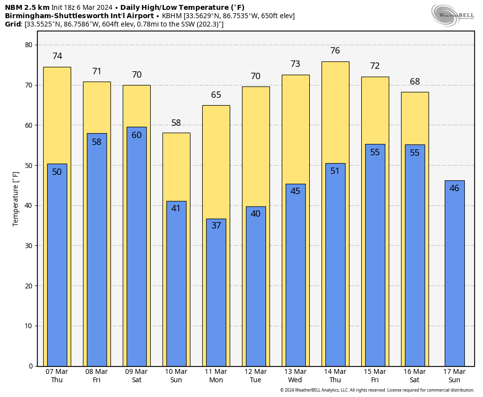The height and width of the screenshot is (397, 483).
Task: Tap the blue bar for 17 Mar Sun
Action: [x=454, y=275]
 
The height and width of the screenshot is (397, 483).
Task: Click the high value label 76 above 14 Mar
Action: [x=335, y=51]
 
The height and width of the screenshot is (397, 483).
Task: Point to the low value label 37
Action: [x=216, y=226]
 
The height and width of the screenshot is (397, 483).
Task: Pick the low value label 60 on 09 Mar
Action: [x=136, y=135]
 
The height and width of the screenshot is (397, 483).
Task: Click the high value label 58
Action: [x=176, y=123]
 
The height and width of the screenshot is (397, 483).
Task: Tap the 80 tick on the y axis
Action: [x=28, y=45]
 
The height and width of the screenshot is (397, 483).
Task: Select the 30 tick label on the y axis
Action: [x=28, y=246]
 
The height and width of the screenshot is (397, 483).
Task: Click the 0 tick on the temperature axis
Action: [x=30, y=366]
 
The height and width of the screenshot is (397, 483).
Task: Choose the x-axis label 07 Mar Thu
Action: [x=57, y=376]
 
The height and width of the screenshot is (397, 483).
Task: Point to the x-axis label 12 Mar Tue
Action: [x=256, y=376]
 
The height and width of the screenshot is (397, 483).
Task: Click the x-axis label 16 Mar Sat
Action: [x=415, y=376]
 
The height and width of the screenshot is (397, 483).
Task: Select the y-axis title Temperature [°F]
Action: [x=16, y=198]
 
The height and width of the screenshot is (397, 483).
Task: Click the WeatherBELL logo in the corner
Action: [x=453, y=14]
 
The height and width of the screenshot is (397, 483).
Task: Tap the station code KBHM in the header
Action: [x=172, y=16]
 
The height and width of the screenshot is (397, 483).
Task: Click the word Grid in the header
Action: [x=13, y=24]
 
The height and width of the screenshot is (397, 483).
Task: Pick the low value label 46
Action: [x=455, y=188]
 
